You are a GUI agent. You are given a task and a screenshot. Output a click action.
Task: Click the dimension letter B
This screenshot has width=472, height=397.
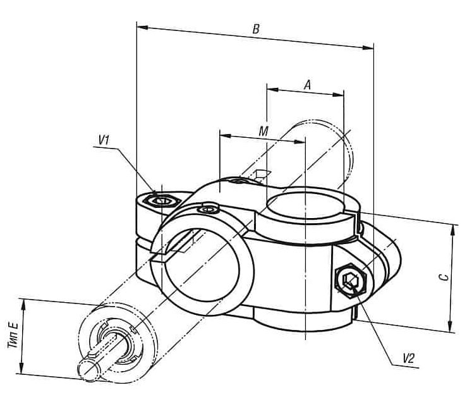coord(256,29)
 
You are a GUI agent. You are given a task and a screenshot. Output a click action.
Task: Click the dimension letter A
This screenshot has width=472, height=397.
coord(307,85)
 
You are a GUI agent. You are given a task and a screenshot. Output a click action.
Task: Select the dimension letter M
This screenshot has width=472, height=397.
coord(263,131)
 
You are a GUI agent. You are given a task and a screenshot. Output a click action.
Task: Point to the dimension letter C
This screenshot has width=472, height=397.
coord(444,277)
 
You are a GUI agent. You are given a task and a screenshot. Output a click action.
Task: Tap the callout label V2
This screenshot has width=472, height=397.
coord(409,358)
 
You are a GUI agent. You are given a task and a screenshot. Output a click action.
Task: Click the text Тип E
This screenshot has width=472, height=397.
coord(13,335)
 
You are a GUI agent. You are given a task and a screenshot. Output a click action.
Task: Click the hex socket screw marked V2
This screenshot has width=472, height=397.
coord(351,280)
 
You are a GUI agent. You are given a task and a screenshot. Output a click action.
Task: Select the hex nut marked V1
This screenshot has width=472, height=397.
coord(162,200)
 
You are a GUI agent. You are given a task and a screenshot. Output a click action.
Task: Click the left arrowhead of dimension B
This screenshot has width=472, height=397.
coord(142,27)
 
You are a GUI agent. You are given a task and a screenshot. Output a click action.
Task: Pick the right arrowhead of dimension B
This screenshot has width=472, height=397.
coord(368,47)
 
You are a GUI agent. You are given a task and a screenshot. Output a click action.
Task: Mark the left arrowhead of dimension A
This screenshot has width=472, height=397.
coord(273,89)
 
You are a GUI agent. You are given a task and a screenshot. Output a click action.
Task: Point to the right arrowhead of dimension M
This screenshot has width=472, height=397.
coord(300,142)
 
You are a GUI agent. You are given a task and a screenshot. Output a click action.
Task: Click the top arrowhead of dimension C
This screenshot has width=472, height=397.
coord(452,231)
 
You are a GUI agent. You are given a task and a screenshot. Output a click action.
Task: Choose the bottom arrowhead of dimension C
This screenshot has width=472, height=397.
coord(450,327)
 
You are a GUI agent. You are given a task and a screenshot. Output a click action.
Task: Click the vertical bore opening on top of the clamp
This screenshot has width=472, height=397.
coord(306,205)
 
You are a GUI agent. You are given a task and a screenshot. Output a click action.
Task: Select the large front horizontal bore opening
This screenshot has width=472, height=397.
coord(202,265)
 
